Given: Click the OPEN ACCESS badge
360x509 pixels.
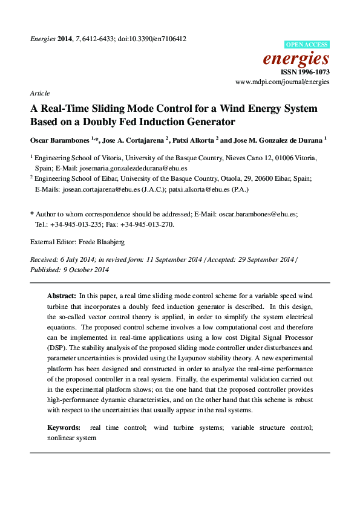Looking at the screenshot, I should [307, 45].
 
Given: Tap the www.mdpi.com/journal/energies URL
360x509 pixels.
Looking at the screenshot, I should [282, 81].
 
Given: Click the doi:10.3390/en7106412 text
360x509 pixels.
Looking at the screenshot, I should [151, 39].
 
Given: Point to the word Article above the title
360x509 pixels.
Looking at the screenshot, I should [40, 94].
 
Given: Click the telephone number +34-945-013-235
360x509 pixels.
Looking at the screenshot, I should [77, 224].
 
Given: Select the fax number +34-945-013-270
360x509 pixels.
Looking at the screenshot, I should [146, 224].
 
